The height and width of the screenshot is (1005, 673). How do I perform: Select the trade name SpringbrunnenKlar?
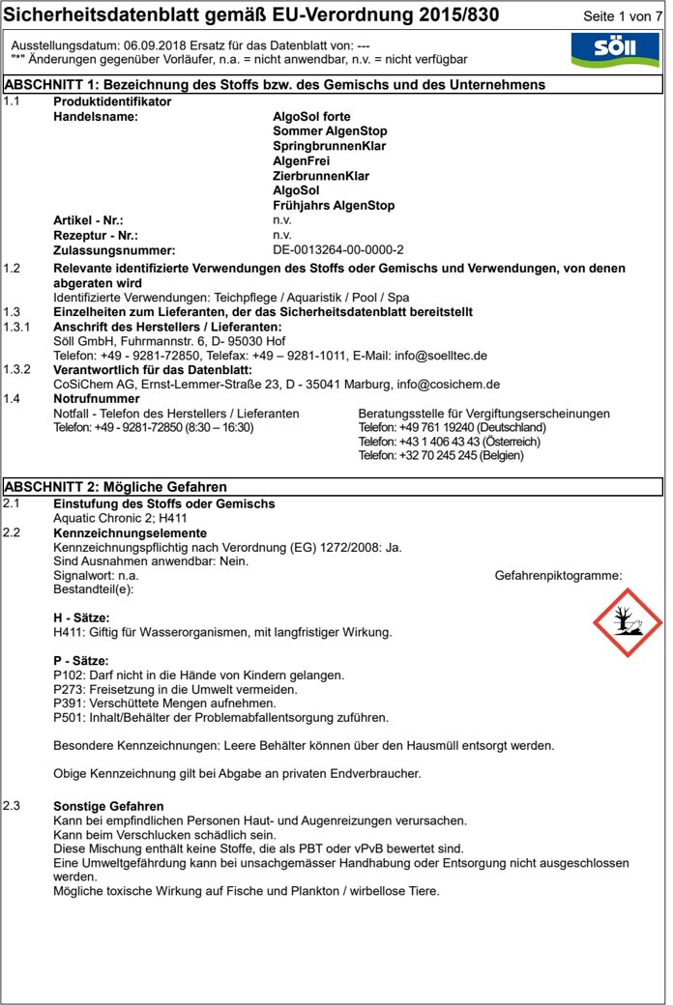tap(329, 146)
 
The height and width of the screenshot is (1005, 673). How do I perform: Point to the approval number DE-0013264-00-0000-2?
tap(338, 249)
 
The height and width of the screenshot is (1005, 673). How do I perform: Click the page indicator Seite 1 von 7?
tap(624, 18)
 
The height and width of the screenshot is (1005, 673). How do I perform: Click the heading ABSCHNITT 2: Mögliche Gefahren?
tap(116, 487)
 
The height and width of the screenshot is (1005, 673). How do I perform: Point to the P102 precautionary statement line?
tap(198, 675)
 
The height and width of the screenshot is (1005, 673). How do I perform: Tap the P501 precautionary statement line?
tap(220, 718)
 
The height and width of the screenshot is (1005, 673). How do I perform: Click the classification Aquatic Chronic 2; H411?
tap(114, 518)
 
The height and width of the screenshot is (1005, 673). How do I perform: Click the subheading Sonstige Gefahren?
tap(108, 806)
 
